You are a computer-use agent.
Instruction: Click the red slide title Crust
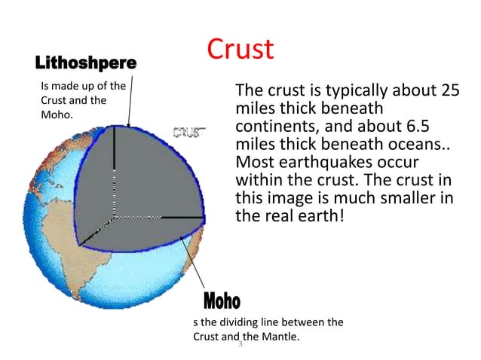pos(240,49)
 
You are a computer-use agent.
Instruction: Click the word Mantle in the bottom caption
pos(277,336)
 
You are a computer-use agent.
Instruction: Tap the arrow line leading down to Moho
pos(197,264)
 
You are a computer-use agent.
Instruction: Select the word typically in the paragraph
pos(335,92)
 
